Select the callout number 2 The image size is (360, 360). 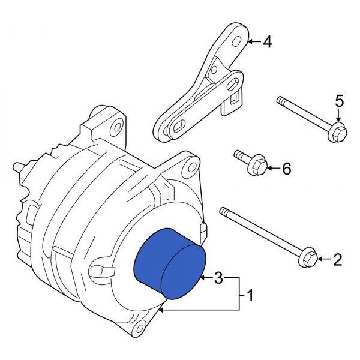click(x=337, y=260)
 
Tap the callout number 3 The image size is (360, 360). click(x=218, y=278)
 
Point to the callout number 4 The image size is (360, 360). click(x=267, y=42)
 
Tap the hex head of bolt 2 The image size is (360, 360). click(x=307, y=259)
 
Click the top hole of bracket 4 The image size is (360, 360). click(x=238, y=41)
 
